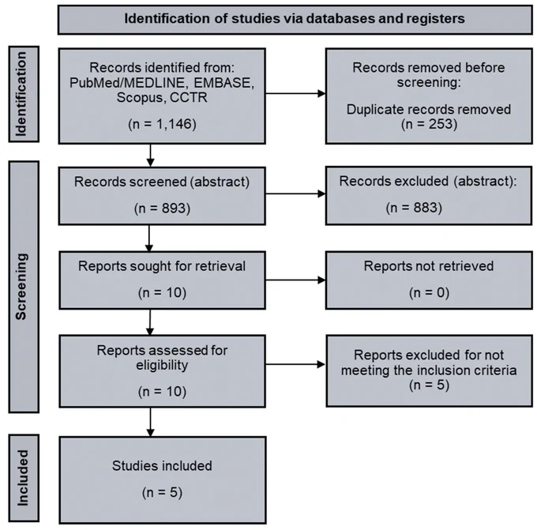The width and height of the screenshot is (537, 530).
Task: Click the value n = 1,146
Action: (162, 124)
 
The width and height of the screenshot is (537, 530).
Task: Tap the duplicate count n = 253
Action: (429, 124)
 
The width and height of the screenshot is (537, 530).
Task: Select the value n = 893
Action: (162, 209)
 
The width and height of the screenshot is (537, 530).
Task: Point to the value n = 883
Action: (414, 208)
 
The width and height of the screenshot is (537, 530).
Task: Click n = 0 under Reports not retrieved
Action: (429, 292)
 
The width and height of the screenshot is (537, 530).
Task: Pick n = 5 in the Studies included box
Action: (162, 492)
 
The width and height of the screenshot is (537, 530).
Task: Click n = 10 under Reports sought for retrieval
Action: (162, 292)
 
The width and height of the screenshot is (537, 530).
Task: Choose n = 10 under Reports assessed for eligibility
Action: (162, 391)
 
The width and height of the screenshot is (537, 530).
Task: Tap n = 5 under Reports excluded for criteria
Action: (429, 385)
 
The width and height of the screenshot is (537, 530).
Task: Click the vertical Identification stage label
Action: (21, 94)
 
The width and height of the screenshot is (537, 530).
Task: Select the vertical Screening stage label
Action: (21, 287)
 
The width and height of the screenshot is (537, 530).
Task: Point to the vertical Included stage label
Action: (23, 478)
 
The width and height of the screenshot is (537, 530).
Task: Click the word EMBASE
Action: (224, 83)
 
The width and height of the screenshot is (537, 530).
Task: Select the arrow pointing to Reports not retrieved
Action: (295, 280)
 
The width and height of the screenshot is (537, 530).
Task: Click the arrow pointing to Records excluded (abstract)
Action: (295, 194)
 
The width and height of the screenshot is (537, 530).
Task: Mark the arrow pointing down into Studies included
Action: (150, 422)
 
